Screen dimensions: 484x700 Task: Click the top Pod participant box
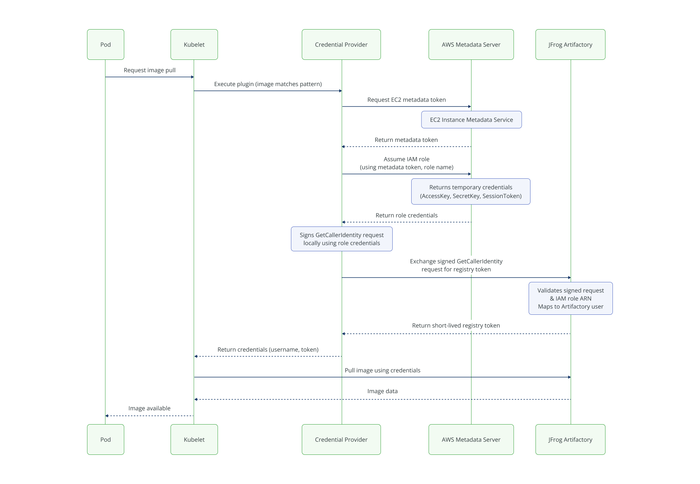[x=105, y=44]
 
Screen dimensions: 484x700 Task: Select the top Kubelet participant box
[x=194, y=44]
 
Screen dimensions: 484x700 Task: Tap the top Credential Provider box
[x=341, y=44]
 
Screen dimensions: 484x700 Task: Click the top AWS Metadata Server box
[x=471, y=44]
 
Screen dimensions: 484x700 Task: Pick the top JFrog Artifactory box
[x=570, y=44]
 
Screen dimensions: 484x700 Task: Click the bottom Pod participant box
[x=105, y=439]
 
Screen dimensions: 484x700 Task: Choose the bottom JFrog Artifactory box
[x=570, y=439]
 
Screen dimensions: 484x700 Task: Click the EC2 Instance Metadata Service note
[x=471, y=120]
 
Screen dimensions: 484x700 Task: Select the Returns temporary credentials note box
[x=470, y=191]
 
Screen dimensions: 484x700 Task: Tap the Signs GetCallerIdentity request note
[x=341, y=239]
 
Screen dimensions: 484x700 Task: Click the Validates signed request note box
[x=570, y=298]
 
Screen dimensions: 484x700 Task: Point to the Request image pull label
[x=149, y=70]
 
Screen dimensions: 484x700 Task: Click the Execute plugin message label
[x=268, y=84]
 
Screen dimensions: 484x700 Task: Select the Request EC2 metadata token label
[x=406, y=100]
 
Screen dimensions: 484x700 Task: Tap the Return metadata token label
[x=406, y=140]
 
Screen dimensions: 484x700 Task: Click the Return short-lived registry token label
[x=455, y=325]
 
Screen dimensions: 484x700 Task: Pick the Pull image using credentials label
[x=382, y=370]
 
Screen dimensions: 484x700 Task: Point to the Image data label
[x=382, y=391]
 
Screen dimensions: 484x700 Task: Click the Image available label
[x=149, y=408]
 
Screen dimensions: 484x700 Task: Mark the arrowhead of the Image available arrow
[x=107, y=416]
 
